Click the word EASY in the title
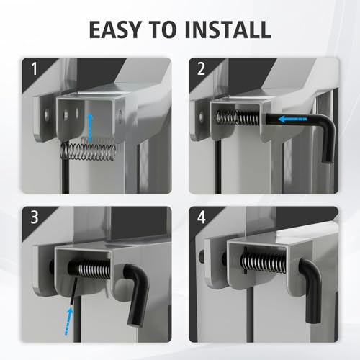[x=114, y=30]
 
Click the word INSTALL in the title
[x=228, y=30]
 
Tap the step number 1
[x=35, y=68]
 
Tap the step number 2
[x=201, y=68]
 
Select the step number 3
[x=35, y=217]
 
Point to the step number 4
[x=202, y=217]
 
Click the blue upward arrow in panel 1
[x=90, y=128]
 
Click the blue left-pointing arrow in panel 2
[x=292, y=119]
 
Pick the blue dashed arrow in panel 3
[x=68, y=321]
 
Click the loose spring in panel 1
[x=89, y=151]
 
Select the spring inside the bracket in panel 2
[x=238, y=117]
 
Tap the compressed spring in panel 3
[x=95, y=269]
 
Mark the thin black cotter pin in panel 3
[x=73, y=290]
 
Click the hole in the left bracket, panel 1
[x=46, y=115]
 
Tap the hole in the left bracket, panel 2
[x=201, y=117]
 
